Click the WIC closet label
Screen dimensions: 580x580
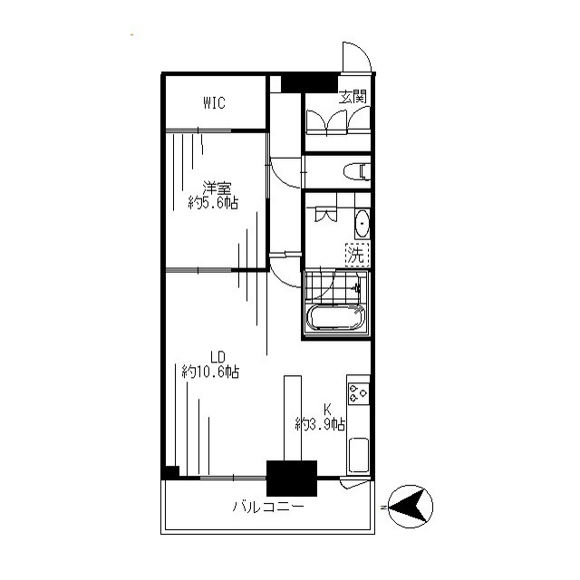pos(214,102)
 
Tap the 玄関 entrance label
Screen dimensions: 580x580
pos(353,97)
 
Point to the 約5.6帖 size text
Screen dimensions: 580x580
pos(213,203)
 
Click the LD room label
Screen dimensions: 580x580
pos(217,357)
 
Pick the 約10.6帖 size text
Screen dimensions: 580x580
pos(210,372)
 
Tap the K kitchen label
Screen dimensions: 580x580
pos(327,410)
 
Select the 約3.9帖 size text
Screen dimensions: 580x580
pos(320,424)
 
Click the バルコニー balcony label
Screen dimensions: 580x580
pos(268,506)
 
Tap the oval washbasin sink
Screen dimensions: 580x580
pos(362,224)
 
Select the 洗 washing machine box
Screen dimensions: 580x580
pos(357,255)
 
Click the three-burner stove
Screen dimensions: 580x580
pos(359,393)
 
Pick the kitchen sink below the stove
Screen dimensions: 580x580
pos(359,455)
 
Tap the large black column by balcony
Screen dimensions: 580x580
pos(292,478)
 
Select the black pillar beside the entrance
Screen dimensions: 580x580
pos(310,83)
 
